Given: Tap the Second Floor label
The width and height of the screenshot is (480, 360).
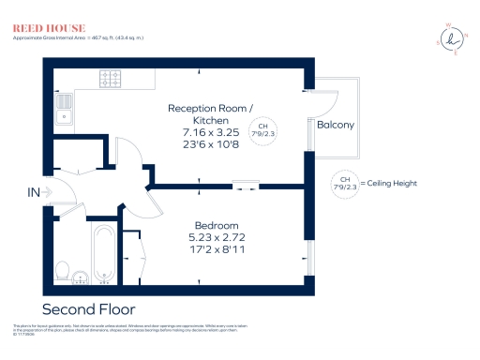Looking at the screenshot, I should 89,308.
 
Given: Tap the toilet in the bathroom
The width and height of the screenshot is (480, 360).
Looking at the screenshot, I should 63,270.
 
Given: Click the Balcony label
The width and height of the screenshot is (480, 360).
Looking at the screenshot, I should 335,125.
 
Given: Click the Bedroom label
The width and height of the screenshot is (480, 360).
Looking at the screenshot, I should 217,226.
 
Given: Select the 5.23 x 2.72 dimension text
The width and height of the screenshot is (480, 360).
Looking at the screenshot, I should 217,239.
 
